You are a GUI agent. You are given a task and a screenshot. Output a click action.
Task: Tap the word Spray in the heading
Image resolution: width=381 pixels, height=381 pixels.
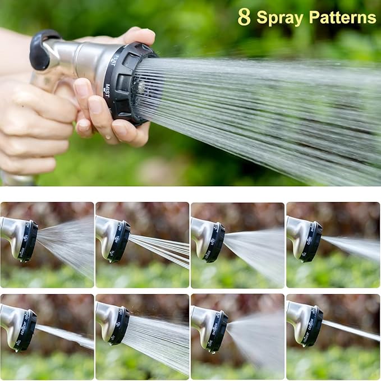click(x=280, y=17)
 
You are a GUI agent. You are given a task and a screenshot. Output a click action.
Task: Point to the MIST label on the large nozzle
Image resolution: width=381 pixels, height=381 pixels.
click(x=107, y=90)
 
